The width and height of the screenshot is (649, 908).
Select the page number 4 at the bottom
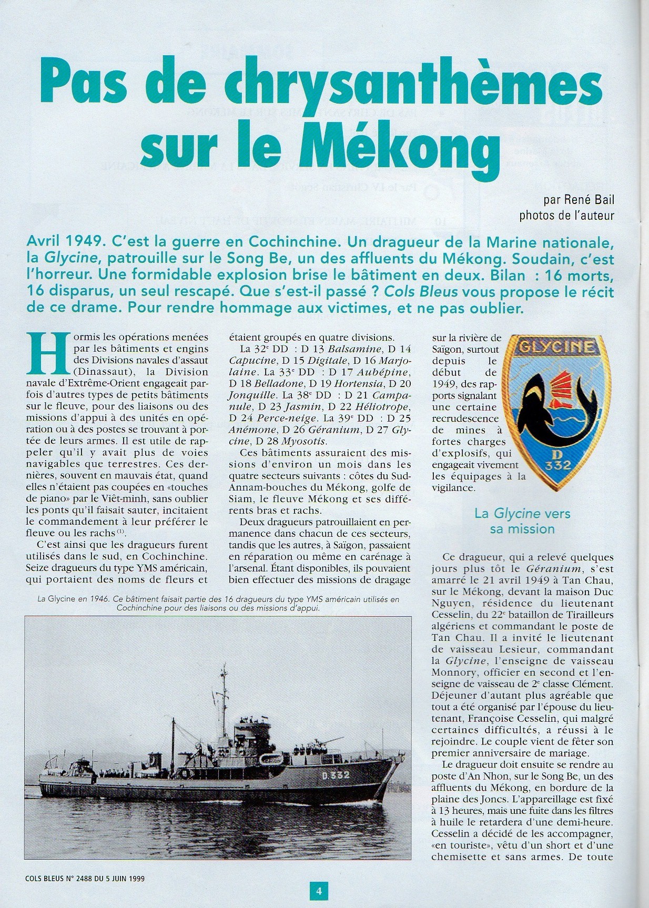(x=318, y=892)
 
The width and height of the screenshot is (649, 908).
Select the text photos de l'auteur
(x=566, y=215)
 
